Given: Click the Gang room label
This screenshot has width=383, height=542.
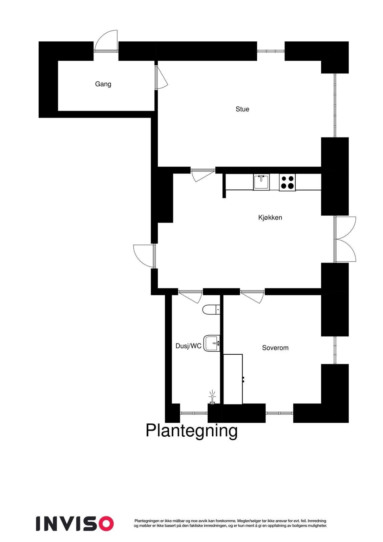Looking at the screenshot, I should coord(103,84).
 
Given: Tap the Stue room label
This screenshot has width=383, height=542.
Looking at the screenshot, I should coord(242,109).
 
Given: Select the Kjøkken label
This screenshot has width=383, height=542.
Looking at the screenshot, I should coord(270,217).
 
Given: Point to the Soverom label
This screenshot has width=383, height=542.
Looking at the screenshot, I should coord(275,348).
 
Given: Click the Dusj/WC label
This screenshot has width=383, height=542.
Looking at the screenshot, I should coord(188,346).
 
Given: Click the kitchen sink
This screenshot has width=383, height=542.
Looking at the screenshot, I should coord(261,182).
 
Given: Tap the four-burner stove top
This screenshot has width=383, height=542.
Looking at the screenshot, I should coord(287,182).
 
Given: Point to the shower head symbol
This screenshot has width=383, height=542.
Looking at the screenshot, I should coord(212,398).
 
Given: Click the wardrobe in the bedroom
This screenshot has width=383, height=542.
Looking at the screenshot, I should coord(233,379).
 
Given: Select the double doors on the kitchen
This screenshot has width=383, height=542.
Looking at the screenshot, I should coord(344,239).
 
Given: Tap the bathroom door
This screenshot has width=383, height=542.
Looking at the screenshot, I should coord(190,296).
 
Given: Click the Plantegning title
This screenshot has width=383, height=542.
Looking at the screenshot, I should coord(191,431).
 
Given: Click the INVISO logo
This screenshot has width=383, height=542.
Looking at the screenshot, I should coord(75,524).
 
